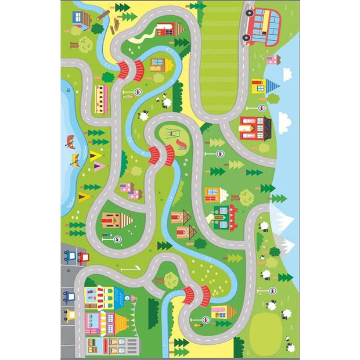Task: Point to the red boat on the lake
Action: [70, 140]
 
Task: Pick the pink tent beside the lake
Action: [99, 166]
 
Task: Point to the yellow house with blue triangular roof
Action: [257, 86]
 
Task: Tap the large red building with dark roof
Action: [255, 127]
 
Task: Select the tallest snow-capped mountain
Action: [282, 219]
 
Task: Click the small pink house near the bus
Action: [272, 59]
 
